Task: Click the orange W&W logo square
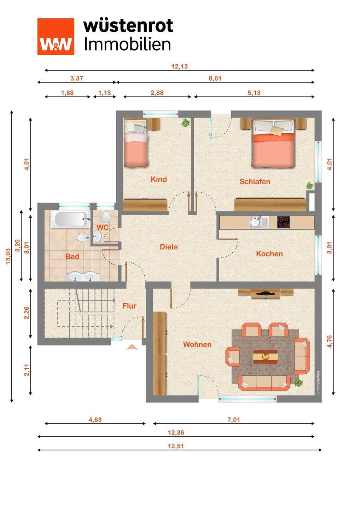tap(56, 37)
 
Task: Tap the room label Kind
tap(159, 179)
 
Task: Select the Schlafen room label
tap(255, 182)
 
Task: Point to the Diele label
tap(169, 247)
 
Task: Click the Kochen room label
tap(269, 253)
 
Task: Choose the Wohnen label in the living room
tap(197, 344)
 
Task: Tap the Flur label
tap(129, 306)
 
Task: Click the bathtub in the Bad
tap(70, 219)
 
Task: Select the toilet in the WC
tap(106, 217)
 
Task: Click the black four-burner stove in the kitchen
tap(283, 222)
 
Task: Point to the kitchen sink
tap(259, 222)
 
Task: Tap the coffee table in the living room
tap(265, 357)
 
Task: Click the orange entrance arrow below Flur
tap(132, 347)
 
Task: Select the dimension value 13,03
tap(8, 256)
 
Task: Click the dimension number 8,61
tap(215, 78)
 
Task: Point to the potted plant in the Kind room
tap(186, 123)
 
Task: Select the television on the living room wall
tap(266, 293)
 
